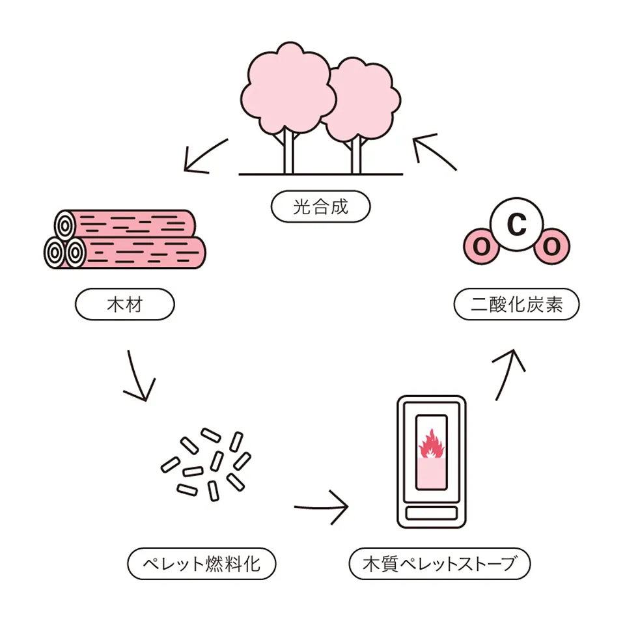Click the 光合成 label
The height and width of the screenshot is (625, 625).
pos(320,206)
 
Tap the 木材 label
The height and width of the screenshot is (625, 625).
pos(125,305)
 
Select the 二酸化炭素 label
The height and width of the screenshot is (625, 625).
pos(516,305)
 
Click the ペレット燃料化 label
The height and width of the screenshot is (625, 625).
pos(202,564)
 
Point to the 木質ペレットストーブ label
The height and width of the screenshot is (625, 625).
pos(439,564)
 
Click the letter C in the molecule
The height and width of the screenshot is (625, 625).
pos(517,224)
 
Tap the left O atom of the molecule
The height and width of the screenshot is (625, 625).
pos(481,246)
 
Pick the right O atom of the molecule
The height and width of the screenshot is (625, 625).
pos(552,246)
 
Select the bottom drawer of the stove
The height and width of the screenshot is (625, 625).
pos(431,513)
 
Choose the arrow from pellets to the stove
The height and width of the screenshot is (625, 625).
pos(321,507)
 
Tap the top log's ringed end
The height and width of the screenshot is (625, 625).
pos(65,226)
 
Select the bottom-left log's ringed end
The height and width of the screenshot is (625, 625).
pos(54,253)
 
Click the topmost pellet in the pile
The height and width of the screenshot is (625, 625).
pos(210,436)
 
